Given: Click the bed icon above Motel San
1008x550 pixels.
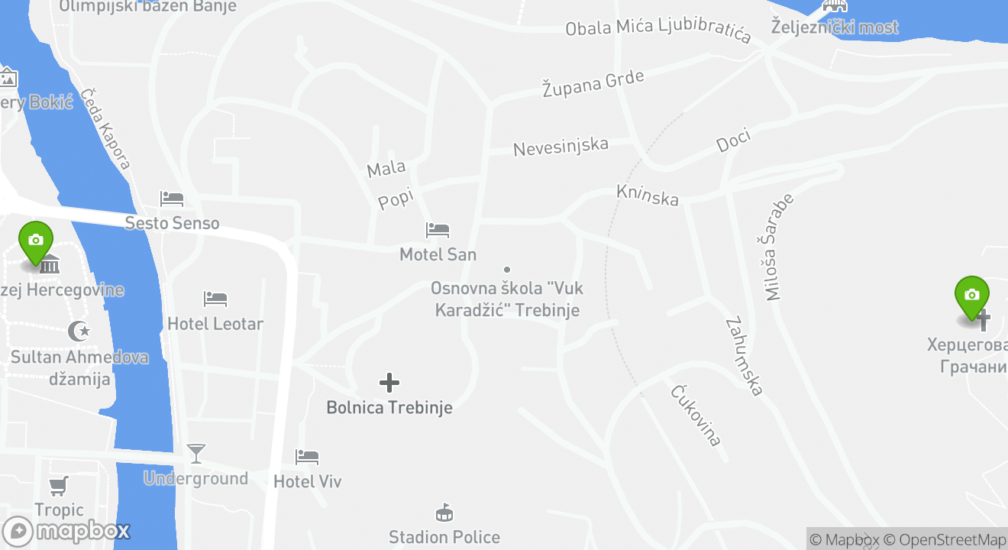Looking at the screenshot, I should click(438, 230).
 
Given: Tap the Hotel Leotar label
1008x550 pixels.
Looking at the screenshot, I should click(215, 324).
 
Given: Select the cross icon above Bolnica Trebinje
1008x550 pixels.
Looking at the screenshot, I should click(389, 382).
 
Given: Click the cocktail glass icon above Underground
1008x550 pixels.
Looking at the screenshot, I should click(196, 453).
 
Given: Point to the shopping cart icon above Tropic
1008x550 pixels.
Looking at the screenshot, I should click(59, 485).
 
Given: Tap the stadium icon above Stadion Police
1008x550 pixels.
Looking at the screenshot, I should click(444, 512).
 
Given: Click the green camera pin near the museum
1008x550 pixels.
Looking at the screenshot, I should click(35, 241).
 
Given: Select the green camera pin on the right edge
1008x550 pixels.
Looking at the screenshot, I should click(971, 296).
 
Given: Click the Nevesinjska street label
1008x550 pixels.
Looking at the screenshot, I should click(561, 146).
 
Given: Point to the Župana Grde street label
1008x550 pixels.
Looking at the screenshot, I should click(593, 82).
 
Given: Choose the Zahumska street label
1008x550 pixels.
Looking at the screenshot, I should click(744, 356).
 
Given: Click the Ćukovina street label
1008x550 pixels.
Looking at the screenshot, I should click(696, 415).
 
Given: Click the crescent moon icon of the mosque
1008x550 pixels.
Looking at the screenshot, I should click(79, 332).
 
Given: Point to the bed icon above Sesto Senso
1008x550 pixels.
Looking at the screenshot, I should click(171, 199).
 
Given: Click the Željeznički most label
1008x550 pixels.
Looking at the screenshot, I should click(835, 27).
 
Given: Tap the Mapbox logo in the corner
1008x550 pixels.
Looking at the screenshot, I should click(66, 531).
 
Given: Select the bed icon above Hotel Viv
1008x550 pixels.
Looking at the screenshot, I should click(307, 457).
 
